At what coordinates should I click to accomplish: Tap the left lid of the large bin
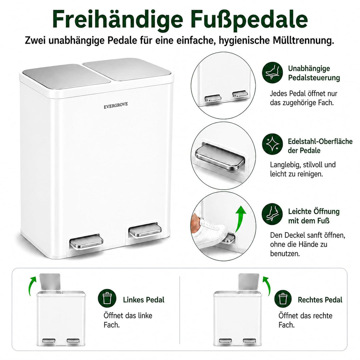pos(66,76)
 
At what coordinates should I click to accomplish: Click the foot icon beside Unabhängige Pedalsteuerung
pos(273,73)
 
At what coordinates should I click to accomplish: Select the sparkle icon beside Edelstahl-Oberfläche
pos(273,144)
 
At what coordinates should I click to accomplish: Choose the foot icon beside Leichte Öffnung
pos(273,214)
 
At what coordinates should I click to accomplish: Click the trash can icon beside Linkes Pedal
pos(107,298)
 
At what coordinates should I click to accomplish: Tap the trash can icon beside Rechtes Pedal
pos(283,298)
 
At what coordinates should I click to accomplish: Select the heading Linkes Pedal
pos(144,300)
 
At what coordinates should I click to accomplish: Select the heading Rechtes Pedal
pos(320,300)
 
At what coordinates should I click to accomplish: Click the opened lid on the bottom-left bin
pos(50,282)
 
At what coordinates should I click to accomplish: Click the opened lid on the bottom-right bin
pos(249,282)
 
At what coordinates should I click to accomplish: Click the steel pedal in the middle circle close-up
pos(219,157)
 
